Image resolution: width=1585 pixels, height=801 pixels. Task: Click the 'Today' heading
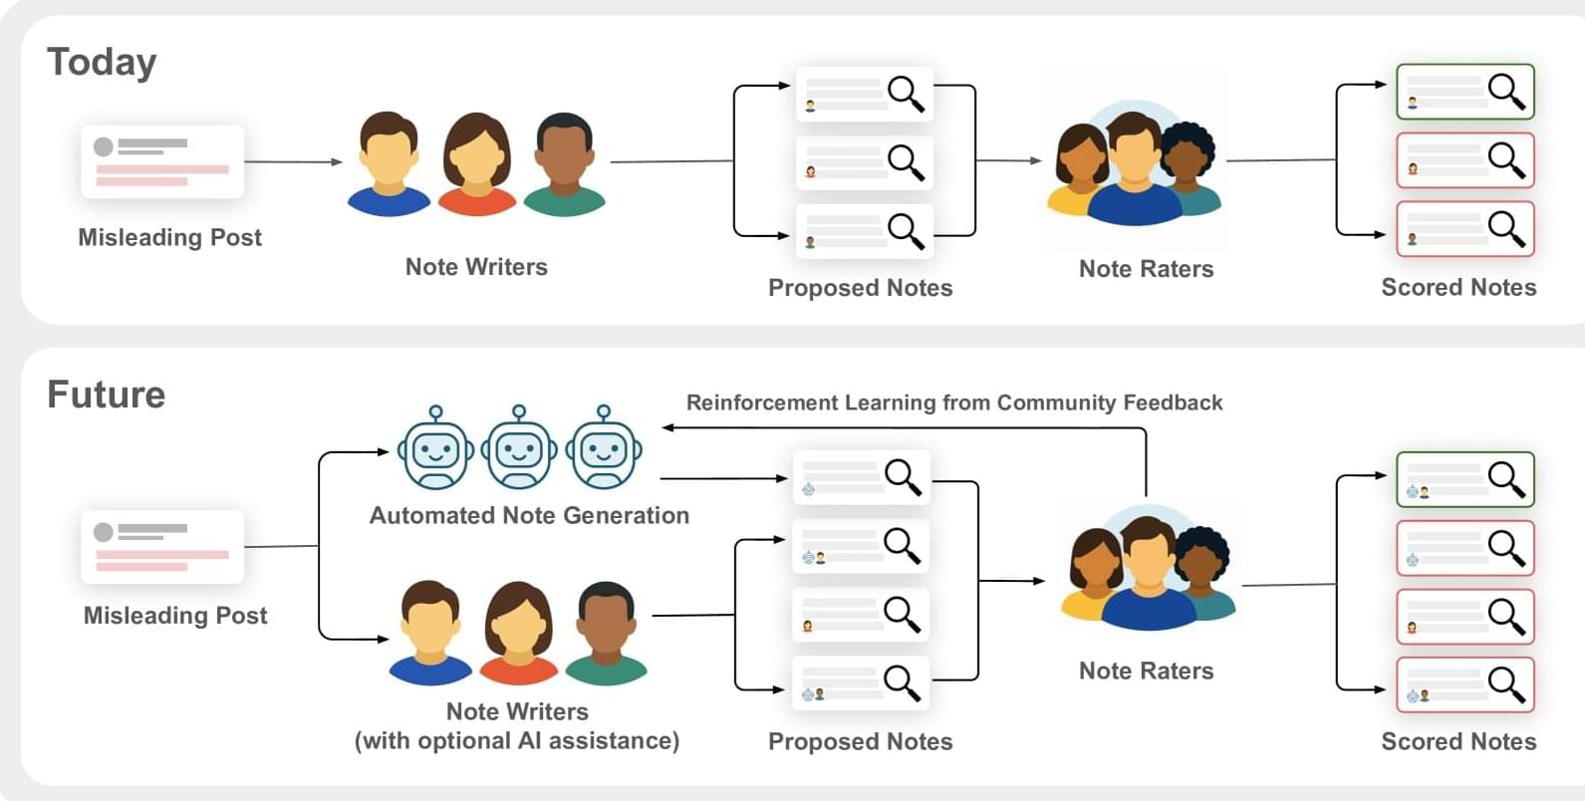click(102, 63)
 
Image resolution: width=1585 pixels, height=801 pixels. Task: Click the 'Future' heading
click(106, 395)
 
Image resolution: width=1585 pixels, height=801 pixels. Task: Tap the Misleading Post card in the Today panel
click(162, 160)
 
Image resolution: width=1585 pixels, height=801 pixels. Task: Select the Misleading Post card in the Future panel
click(162, 546)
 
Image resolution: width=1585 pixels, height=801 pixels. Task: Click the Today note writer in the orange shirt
click(476, 164)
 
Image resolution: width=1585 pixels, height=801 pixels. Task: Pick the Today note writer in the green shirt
click(564, 164)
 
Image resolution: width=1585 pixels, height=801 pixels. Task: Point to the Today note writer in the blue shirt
click(389, 164)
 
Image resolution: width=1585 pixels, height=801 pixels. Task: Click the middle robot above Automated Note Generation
click(519, 449)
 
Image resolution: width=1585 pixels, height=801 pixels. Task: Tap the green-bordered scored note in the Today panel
click(1464, 92)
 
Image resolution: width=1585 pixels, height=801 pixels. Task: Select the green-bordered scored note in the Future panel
click(1464, 479)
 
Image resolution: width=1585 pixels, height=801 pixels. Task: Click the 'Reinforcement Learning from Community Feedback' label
click(953, 402)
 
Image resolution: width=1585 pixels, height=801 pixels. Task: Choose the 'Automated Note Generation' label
click(529, 515)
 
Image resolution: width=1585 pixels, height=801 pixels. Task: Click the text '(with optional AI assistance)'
click(517, 741)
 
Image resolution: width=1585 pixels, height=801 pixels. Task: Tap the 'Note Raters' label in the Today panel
click(1146, 269)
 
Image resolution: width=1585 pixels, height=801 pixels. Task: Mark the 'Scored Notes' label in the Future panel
click(1458, 741)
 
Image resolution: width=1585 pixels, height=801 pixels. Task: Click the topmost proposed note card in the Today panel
click(864, 94)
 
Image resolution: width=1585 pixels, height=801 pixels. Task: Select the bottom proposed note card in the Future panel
click(861, 682)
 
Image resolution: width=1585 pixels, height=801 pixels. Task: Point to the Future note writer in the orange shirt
click(518, 634)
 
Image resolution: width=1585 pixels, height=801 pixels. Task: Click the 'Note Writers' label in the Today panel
click(476, 267)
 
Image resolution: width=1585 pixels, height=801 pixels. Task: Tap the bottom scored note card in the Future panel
click(1464, 684)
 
